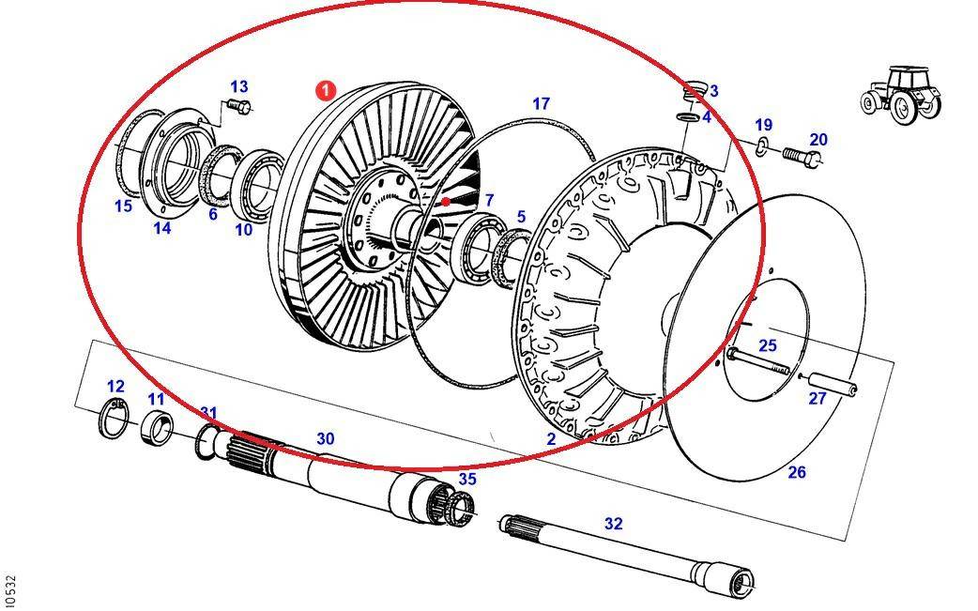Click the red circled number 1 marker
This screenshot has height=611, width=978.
pos(324,91)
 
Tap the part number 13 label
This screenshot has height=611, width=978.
pos(238,88)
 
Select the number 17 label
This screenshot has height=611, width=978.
pos(541,103)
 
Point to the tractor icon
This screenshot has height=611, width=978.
pos(901,94)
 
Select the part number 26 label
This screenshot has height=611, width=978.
pos(796,472)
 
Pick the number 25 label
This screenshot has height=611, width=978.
pos(768,345)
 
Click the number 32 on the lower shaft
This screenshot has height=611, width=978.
pos(613,524)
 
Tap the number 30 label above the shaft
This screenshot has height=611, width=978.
pos(325,438)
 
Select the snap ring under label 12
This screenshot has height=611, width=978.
pos(115,418)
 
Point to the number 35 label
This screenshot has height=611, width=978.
pos(466,479)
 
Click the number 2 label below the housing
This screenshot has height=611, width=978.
pos(551,438)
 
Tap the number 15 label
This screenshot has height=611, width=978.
pos(123,206)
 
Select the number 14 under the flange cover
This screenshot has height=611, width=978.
pos(162,227)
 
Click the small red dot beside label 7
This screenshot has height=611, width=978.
pos(447,201)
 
